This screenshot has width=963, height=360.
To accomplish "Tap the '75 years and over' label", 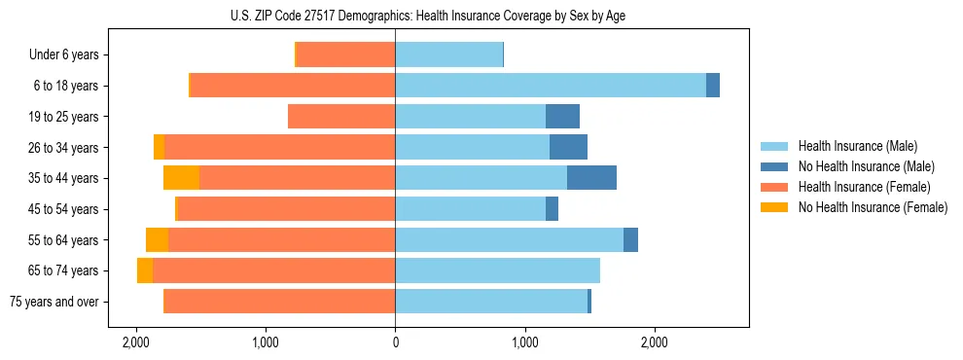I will point(54,302).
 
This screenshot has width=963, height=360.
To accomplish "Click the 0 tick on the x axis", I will point(395,342).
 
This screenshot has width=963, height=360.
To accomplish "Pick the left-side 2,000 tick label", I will point(135,342).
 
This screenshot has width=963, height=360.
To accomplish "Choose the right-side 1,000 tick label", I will point(525,342).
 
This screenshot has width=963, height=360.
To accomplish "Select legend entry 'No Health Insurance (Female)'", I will point(873,207).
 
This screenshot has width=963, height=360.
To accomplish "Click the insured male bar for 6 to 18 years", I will point(551,86).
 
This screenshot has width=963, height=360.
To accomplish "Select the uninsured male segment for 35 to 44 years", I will point(591,178).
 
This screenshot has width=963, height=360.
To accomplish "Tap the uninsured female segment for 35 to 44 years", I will point(181,178).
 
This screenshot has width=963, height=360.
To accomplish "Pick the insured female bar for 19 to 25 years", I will point(341,117).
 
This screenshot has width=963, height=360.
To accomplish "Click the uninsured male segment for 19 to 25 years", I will point(562,117).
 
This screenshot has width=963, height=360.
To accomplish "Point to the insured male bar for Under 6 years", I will point(448,55).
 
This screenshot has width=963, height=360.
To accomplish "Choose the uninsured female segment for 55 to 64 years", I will point(157,240).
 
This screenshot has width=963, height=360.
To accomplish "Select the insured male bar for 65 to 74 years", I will point(497,270).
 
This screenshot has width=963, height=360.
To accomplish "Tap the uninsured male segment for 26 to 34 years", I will point(568,148).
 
